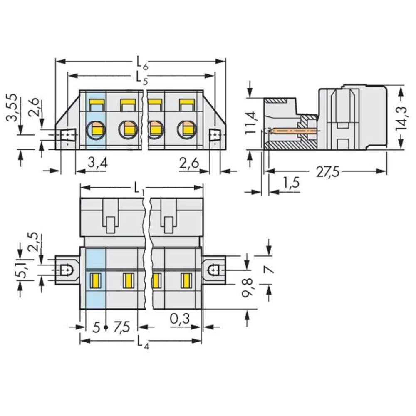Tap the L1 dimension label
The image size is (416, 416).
click(139, 189)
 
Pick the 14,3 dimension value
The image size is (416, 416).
click(401, 117)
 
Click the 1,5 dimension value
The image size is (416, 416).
click(291, 183)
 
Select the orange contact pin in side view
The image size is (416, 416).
click(291, 131)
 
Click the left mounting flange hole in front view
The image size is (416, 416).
click(67, 136)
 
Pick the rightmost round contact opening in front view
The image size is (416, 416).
click(186, 130)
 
